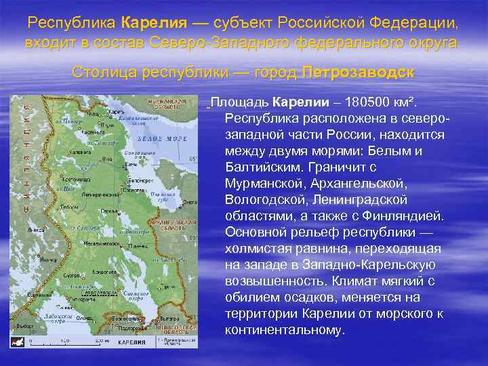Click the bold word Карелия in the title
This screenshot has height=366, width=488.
154,22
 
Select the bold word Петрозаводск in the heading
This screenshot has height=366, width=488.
359,72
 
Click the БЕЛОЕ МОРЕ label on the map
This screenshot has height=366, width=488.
152,138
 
